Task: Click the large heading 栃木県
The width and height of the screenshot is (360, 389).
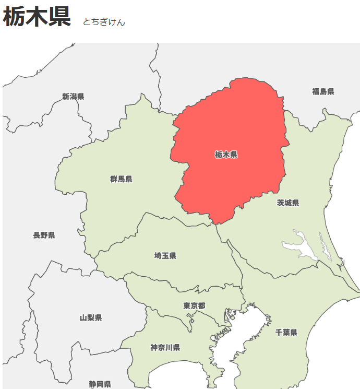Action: pos(37,17)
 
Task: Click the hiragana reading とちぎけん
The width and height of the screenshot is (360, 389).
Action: pos(104,22)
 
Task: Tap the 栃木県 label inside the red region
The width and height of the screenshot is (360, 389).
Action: pos(226,155)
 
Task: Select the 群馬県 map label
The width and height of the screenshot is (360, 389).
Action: pos(121,179)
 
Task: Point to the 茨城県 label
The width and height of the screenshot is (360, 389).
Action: pos(288,203)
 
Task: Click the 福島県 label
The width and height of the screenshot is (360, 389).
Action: pos(323,91)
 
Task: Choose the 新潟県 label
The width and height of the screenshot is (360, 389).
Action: pos(73,96)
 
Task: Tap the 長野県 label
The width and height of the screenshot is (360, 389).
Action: pos(44,235)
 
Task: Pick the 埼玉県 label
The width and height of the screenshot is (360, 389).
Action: pos(165,255)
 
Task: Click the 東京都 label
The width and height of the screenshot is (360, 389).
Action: pos(194,305)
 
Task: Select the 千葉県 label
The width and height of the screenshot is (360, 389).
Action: pos(286,332)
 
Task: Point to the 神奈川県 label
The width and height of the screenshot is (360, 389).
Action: pos(165,347)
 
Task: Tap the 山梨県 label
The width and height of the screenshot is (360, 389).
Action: pos(91,317)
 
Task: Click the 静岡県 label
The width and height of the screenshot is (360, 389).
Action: pos(100,384)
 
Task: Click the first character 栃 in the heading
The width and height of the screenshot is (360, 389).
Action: pos(14,17)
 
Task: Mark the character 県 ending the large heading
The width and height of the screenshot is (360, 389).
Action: pos(59,17)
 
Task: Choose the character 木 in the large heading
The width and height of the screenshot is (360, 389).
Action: pos(37,17)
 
